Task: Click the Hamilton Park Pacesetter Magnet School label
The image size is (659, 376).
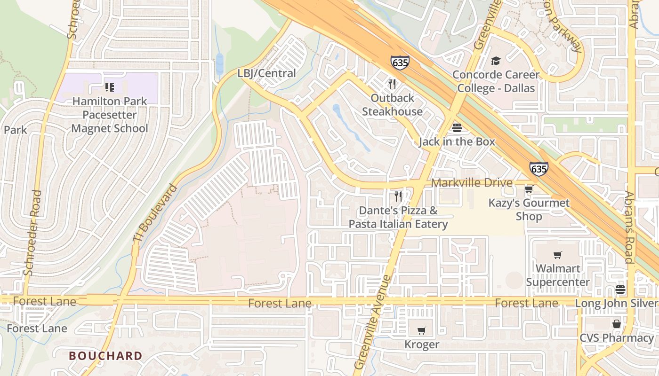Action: click(x=110, y=115)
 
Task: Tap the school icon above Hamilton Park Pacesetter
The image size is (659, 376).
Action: click(x=110, y=87)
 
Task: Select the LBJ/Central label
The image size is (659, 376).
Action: click(x=266, y=73)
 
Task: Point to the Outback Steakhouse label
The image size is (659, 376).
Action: click(x=392, y=105)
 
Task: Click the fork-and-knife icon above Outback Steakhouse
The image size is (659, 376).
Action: click(x=392, y=84)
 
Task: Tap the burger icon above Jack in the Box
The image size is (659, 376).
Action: click(x=457, y=127)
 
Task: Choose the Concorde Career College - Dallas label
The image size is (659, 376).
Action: click(x=496, y=81)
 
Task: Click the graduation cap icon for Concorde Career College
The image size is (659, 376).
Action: click(x=496, y=61)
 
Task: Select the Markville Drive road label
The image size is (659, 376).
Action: click(x=472, y=182)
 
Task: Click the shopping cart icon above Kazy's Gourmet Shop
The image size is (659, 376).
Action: click(x=529, y=189)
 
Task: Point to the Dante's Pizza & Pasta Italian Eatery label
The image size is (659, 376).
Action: click(x=398, y=217)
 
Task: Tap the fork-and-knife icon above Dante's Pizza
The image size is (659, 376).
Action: click(x=398, y=196)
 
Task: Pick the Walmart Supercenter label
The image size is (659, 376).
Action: click(x=558, y=275)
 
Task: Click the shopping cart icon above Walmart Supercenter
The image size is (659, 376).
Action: click(x=558, y=255)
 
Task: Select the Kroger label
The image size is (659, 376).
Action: click(x=422, y=345)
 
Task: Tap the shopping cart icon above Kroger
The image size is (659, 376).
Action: click(x=422, y=330)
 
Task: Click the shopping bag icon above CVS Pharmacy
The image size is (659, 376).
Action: click(x=617, y=324)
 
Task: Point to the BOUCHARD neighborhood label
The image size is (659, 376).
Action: click(x=105, y=356)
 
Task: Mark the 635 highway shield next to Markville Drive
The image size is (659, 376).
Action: click(x=538, y=169)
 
